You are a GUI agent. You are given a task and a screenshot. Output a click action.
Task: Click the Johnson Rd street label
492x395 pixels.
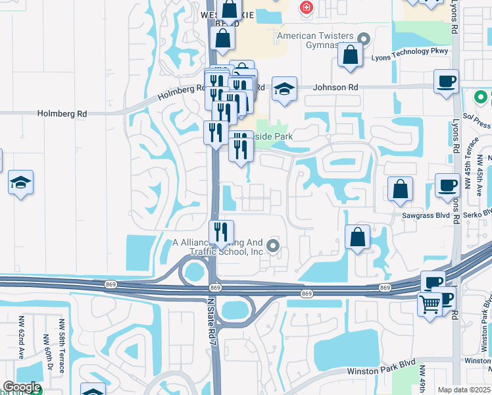[335, 87]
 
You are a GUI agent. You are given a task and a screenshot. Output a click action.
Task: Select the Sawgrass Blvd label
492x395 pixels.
[419, 215]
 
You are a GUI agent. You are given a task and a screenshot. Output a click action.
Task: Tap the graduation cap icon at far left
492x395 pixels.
[20, 183]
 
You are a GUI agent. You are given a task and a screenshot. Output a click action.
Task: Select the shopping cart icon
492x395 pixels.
[430, 305]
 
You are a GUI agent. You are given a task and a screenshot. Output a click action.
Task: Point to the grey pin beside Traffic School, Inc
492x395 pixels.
[273, 248]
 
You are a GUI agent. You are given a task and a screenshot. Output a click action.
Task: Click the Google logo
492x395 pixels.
[22, 387]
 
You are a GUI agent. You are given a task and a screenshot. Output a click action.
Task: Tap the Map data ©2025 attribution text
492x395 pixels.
[464, 390]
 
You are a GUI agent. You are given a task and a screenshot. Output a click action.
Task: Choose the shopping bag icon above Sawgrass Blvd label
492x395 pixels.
[400, 190]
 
